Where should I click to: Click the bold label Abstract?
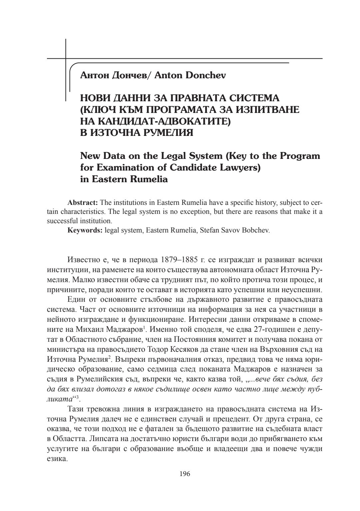tap(82, 203)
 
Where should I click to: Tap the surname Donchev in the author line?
tap(205, 75)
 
